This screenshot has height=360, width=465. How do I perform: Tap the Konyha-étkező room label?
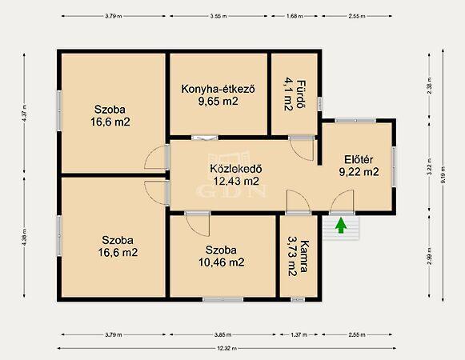(x=218, y=89)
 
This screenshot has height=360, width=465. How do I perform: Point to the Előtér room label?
(x=358, y=158)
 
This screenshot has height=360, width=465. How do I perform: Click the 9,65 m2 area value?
(x=218, y=102)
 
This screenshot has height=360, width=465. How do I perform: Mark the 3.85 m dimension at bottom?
(x=224, y=334)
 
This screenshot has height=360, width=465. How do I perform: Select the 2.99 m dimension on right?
(x=429, y=257)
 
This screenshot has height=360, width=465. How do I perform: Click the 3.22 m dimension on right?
(x=429, y=169)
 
